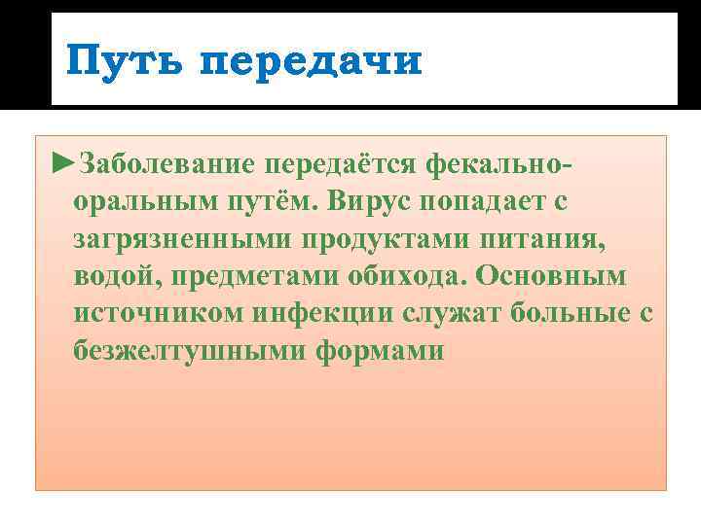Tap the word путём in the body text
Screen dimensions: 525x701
(260, 204)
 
